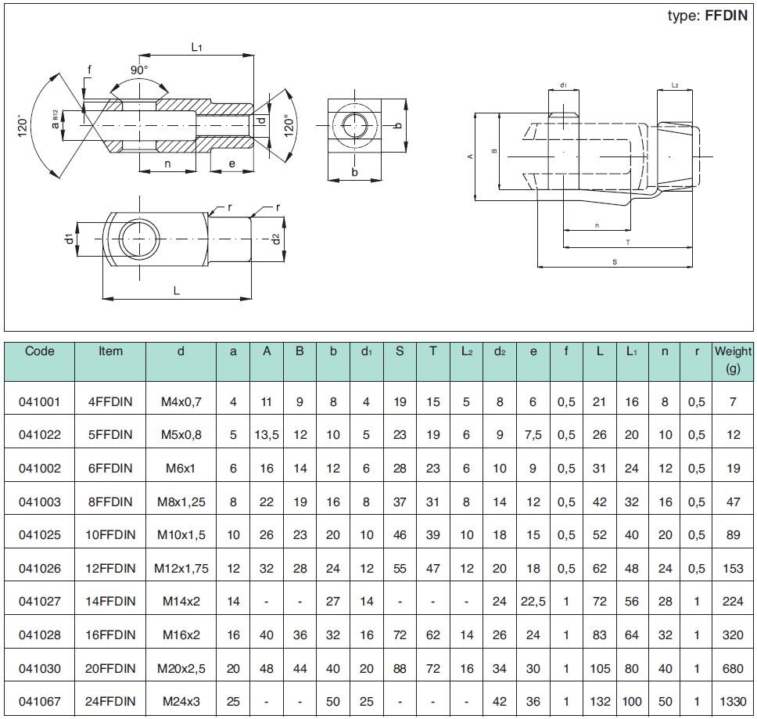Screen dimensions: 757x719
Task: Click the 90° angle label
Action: click(x=139, y=70)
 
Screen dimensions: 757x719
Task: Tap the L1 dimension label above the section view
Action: click(x=196, y=47)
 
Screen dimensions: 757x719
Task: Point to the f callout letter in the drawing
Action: click(x=89, y=70)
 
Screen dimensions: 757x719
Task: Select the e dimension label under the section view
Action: click(x=232, y=164)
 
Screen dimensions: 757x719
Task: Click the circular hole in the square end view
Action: click(x=355, y=125)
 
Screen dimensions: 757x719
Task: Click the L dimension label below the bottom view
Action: click(x=177, y=291)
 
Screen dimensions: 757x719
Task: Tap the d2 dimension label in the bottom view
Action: click(x=276, y=239)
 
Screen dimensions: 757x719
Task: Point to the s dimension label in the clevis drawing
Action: click(x=615, y=262)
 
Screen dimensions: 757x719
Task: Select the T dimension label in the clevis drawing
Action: click(x=628, y=243)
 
